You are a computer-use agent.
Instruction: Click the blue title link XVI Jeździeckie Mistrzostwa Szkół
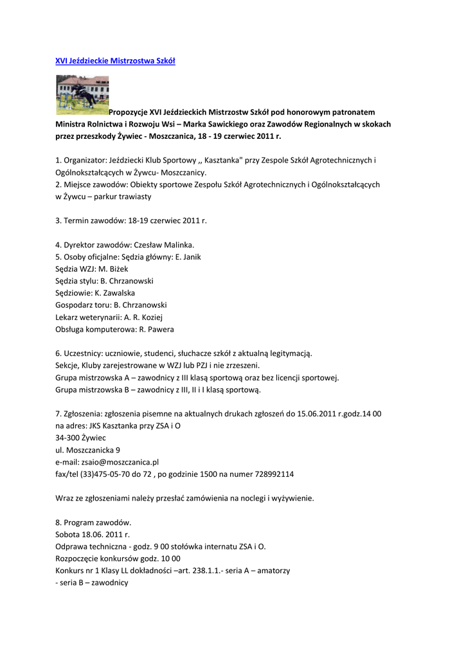click(115, 60)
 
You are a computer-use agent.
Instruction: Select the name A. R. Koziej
click(143, 317)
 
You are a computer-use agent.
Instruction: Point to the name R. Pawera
click(156, 329)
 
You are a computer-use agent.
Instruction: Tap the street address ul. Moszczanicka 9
click(87, 450)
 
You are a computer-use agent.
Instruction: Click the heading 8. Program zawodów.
click(93, 522)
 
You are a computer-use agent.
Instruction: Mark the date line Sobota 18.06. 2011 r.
click(93, 534)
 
